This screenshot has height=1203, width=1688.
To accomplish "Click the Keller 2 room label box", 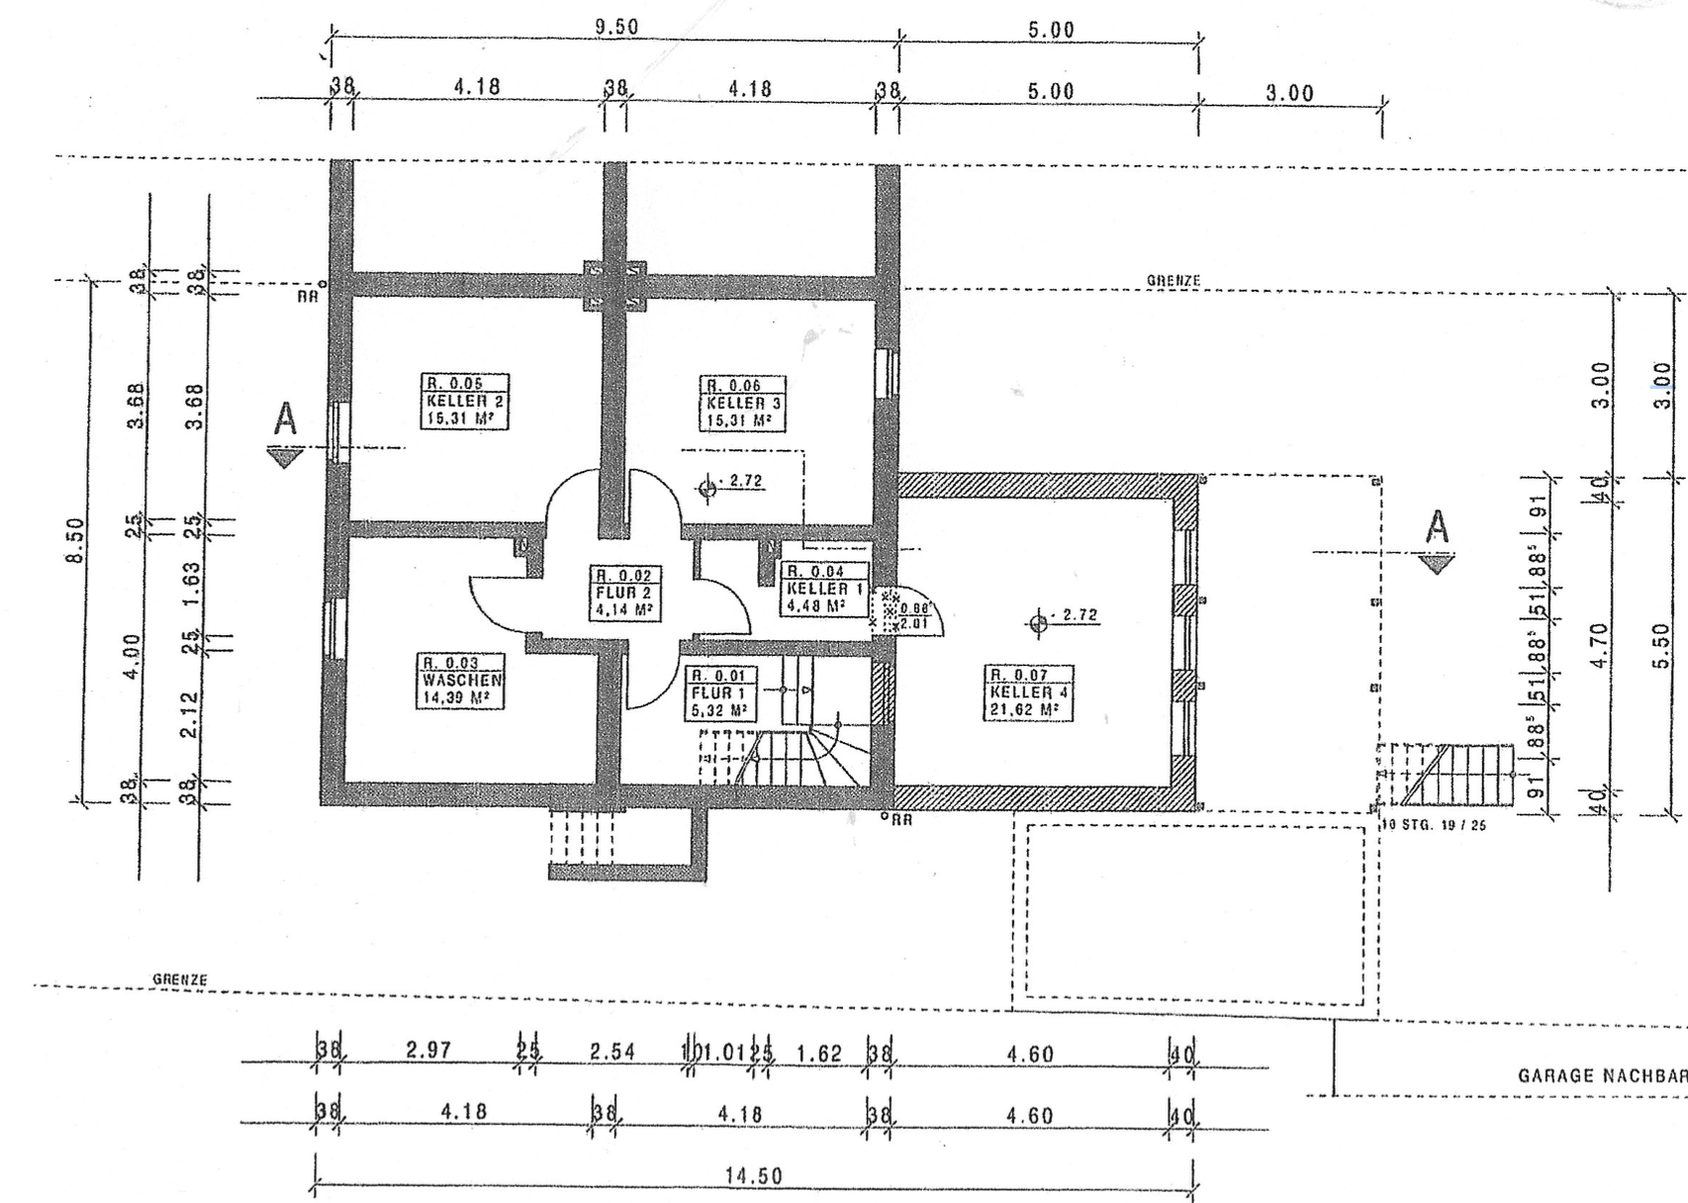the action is (x=464, y=401).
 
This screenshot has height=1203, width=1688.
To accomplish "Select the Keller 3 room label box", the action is (x=743, y=403).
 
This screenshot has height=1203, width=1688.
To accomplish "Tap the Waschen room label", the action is (x=462, y=681).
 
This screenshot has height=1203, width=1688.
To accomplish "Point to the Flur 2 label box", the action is (x=624, y=593).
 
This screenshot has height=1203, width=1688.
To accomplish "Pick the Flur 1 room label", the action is (x=720, y=694).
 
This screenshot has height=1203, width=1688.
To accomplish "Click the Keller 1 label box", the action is (x=824, y=589).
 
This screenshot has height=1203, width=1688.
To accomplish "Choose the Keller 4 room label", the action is (x=1026, y=693).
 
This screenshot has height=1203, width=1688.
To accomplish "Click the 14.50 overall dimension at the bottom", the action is (x=754, y=1175).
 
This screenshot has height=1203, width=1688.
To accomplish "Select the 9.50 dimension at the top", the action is (x=616, y=27).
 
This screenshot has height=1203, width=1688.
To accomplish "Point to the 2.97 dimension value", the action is (x=428, y=1050).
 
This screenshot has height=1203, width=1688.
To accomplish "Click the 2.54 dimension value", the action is (x=612, y=1052).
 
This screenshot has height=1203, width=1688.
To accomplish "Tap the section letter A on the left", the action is (x=285, y=419).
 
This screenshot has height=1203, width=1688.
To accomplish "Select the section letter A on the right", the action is (x=1437, y=527).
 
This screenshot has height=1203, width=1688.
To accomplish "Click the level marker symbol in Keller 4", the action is (x=1038, y=623).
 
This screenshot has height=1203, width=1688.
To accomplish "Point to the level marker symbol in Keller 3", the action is (x=707, y=487).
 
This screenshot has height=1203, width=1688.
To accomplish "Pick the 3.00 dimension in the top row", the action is (x=1289, y=93).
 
